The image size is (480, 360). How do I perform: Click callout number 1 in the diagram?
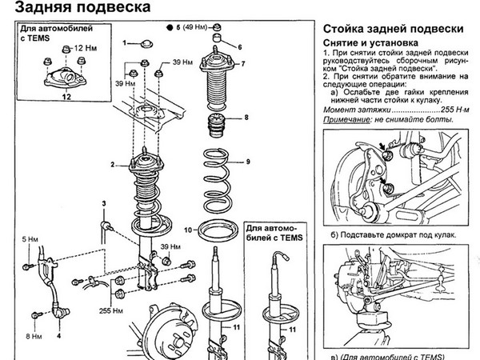point(125,41)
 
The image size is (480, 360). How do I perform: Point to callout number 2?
point(114,165)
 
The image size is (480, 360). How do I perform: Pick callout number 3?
point(104,204)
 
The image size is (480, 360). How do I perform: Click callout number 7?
point(243,62)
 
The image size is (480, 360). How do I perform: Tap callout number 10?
point(186,230)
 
